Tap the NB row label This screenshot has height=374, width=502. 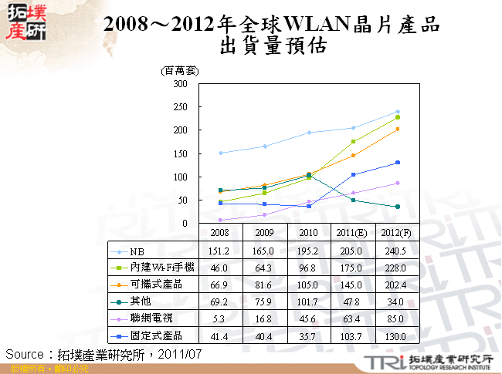(137, 251)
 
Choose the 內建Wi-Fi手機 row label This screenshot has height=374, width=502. (161, 268)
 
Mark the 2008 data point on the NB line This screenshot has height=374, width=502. (221, 153)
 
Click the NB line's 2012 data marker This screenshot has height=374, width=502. (398, 112)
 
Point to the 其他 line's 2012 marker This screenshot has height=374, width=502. (398, 207)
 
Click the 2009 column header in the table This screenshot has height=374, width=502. (265, 232)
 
